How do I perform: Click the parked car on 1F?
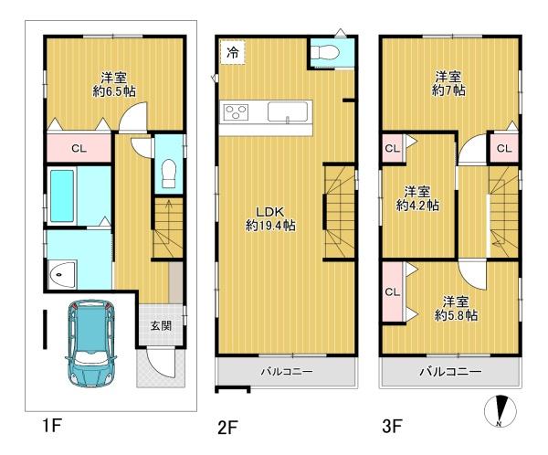(x=90, y=343)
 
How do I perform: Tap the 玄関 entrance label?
(x=161, y=326)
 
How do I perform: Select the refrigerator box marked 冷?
(x=233, y=52)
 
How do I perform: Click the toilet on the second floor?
(x=325, y=54)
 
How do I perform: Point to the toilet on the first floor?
(x=169, y=174)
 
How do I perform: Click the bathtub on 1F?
(x=62, y=196)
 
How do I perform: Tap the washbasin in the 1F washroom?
(x=62, y=275)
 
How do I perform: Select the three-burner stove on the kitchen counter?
(x=236, y=112)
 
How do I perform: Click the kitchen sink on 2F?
(x=288, y=111)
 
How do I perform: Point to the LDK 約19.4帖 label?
(x=270, y=218)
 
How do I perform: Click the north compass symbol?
(x=501, y=410)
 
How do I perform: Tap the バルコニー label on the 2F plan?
(x=287, y=372)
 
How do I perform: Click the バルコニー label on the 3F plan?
(x=450, y=371)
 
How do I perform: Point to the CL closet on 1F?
(x=79, y=148)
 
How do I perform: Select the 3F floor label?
(x=392, y=427)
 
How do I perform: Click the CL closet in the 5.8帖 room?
(x=393, y=291)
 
